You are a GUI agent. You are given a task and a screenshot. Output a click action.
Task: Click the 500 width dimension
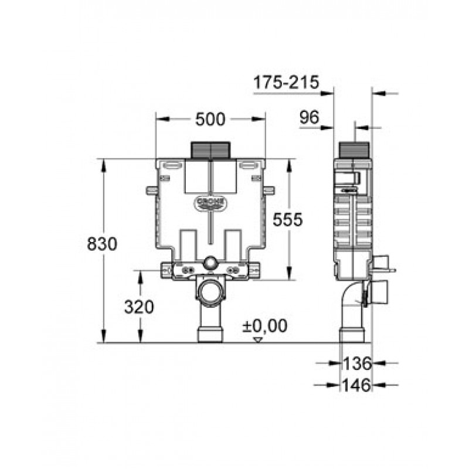210,120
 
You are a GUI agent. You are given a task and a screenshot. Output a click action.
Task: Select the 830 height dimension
102,243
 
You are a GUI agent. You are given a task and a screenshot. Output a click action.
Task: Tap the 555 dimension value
288,219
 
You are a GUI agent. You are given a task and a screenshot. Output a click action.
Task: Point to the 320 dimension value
139,307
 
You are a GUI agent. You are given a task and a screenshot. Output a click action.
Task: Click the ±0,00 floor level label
265,325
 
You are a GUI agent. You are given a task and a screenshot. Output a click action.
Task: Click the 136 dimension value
357,363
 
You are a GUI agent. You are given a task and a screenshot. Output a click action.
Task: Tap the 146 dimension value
356,385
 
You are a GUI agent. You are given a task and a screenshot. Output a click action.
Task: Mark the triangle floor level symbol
257,340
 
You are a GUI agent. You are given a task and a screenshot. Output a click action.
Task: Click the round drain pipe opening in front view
210,291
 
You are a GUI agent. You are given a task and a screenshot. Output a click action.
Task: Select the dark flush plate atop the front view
210,150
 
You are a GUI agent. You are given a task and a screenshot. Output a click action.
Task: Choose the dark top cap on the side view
354,150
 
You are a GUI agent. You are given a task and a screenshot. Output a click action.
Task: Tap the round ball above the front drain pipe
210,263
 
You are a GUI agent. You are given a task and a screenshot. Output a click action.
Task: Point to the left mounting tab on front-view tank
152,190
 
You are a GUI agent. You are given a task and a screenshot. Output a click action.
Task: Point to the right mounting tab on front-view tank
269,190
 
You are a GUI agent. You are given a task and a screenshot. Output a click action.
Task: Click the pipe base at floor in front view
210,335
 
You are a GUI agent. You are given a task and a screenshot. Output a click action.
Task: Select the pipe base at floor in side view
352,335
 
